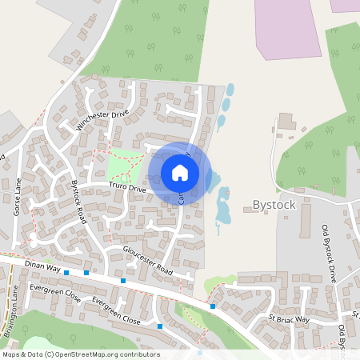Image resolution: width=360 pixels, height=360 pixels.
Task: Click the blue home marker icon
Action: [x=180, y=173]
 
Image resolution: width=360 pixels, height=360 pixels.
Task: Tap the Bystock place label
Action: [x=274, y=205]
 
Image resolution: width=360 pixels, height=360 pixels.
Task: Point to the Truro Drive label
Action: [x=127, y=188]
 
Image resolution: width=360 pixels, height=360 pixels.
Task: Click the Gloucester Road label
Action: [x=147, y=260]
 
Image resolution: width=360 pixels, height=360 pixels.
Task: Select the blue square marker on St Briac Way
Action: [x=213, y=306]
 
